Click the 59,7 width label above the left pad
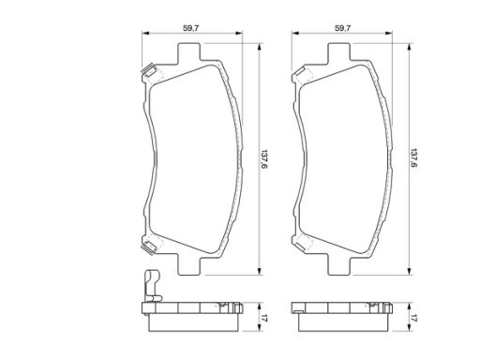pyautogui.click(x=191, y=28)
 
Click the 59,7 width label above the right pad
pyautogui.click(x=343, y=28)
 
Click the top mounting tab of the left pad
pyautogui.click(x=188, y=52)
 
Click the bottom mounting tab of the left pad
pyautogui.click(x=188, y=264)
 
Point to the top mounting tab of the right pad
pyautogui.click(x=339, y=52)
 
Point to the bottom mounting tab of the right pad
pyautogui.click(x=339, y=264)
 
